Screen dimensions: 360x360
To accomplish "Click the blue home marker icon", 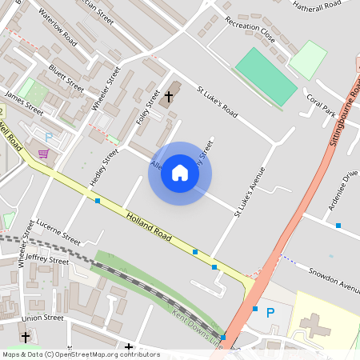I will click(x=180, y=173).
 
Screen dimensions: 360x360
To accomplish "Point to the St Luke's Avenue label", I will click(x=249, y=192).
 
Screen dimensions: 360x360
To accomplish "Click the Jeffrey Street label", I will click(x=47, y=258).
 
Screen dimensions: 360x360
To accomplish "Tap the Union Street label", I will click(x=42, y=318).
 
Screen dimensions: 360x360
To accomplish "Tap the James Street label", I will click(x=24, y=102).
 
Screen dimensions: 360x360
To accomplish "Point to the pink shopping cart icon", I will click(x=42, y=154).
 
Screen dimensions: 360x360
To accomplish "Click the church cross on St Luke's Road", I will click(x=168, y=96).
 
